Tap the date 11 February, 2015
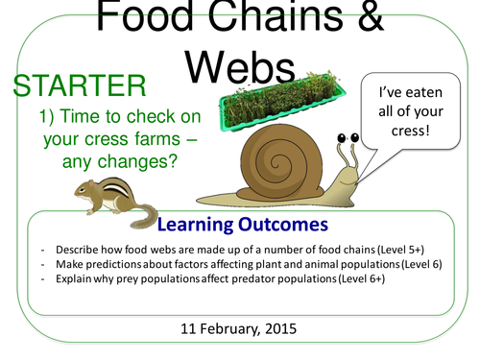click(239, 327)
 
